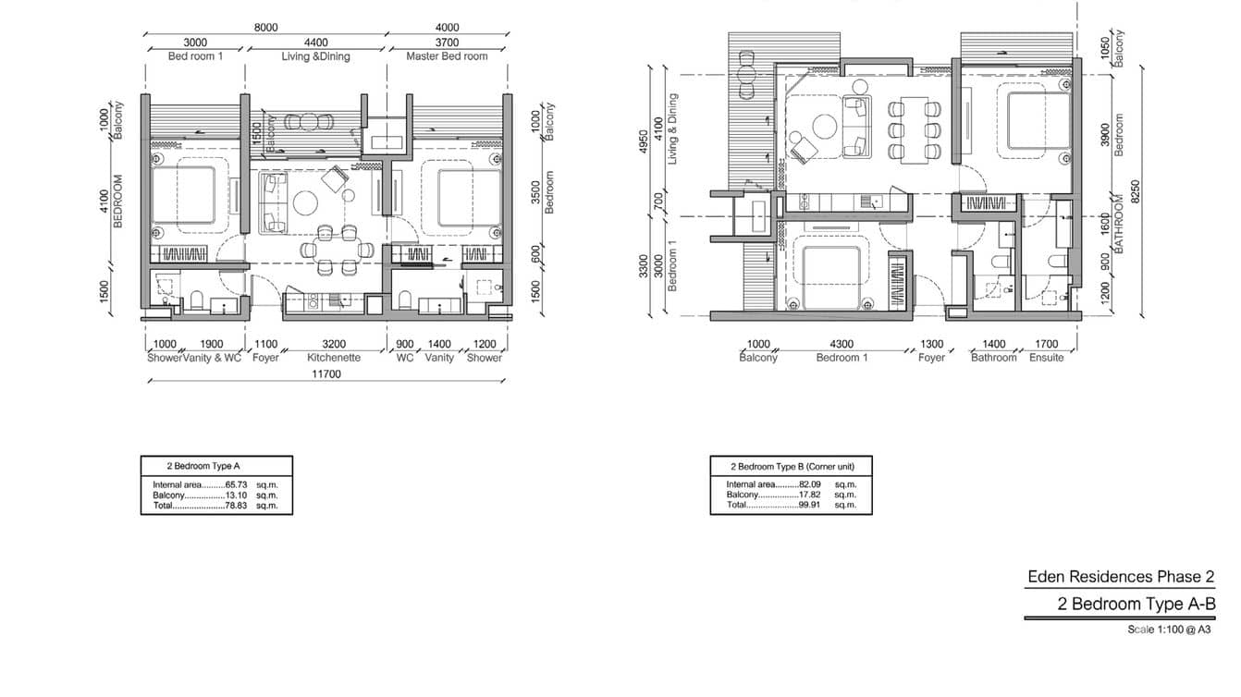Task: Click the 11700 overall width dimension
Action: click(x=326, y=374)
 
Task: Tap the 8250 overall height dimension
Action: click(x=1136, y=191)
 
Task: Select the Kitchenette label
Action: click(x=334, y=358)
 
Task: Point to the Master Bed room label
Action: click(x=447, y=56)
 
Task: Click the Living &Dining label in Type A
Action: click(x=315, y=56)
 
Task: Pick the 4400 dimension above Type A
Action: click(x=315, y=43)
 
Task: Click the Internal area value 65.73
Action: click(x=236, y=485)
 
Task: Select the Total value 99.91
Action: click(x=809, y=505)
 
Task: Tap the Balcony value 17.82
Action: click(x=809, y=495)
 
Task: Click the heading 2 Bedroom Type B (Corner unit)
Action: click(x=793, y=467)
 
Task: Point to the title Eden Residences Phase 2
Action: click(x=1121, y=577)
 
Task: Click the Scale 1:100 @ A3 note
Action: click(x=1169, y=630)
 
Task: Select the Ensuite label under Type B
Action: click(x=1047, y=358)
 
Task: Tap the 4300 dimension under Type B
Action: click(x=842, y=345)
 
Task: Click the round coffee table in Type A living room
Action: click(x=305, y=202)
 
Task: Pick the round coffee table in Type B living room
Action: click(x=825, y=127)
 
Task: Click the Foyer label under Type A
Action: click(x=265, y=358)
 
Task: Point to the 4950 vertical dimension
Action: click(x=643, y=141)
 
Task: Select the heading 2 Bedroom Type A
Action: click(x=203, y=466)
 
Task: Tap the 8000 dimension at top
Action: click(x=266, y=28)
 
